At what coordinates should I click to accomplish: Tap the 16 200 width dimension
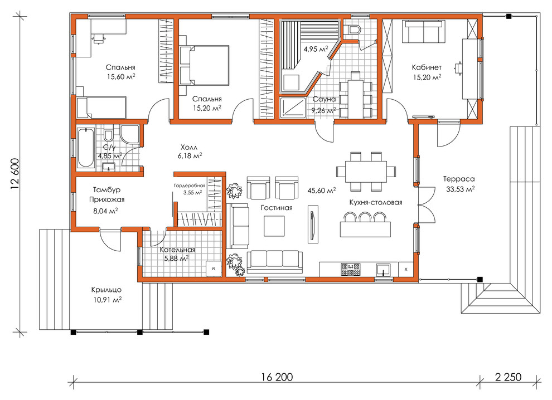tap(277, 377)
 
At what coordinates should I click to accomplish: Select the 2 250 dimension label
tap(508, 377)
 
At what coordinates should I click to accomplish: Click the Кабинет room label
tap(427, 67)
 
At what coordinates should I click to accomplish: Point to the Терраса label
tap(459, 179)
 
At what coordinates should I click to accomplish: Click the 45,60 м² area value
tap(321, 191)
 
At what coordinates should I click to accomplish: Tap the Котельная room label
tap(177, 250)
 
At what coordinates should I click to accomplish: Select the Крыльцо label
tap(106, 290)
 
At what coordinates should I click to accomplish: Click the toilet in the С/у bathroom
tap(109, 135)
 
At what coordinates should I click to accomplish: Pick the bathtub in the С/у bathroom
tap(86, 148)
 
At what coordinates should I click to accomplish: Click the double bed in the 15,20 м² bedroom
tap(204, 65)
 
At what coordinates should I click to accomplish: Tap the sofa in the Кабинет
tap(424, 32)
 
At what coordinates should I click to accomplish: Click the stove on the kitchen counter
tap(351, 269)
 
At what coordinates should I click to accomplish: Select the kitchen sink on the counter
tap(383, 270)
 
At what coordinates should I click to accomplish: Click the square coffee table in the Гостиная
tap(274, 226)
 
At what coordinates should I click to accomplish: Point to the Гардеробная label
tap(190, 186)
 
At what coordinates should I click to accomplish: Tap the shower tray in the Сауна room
tap(293, 107)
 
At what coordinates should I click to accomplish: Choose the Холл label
tap(190, 147)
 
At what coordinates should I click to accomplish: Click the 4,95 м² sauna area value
tap(316, 49)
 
